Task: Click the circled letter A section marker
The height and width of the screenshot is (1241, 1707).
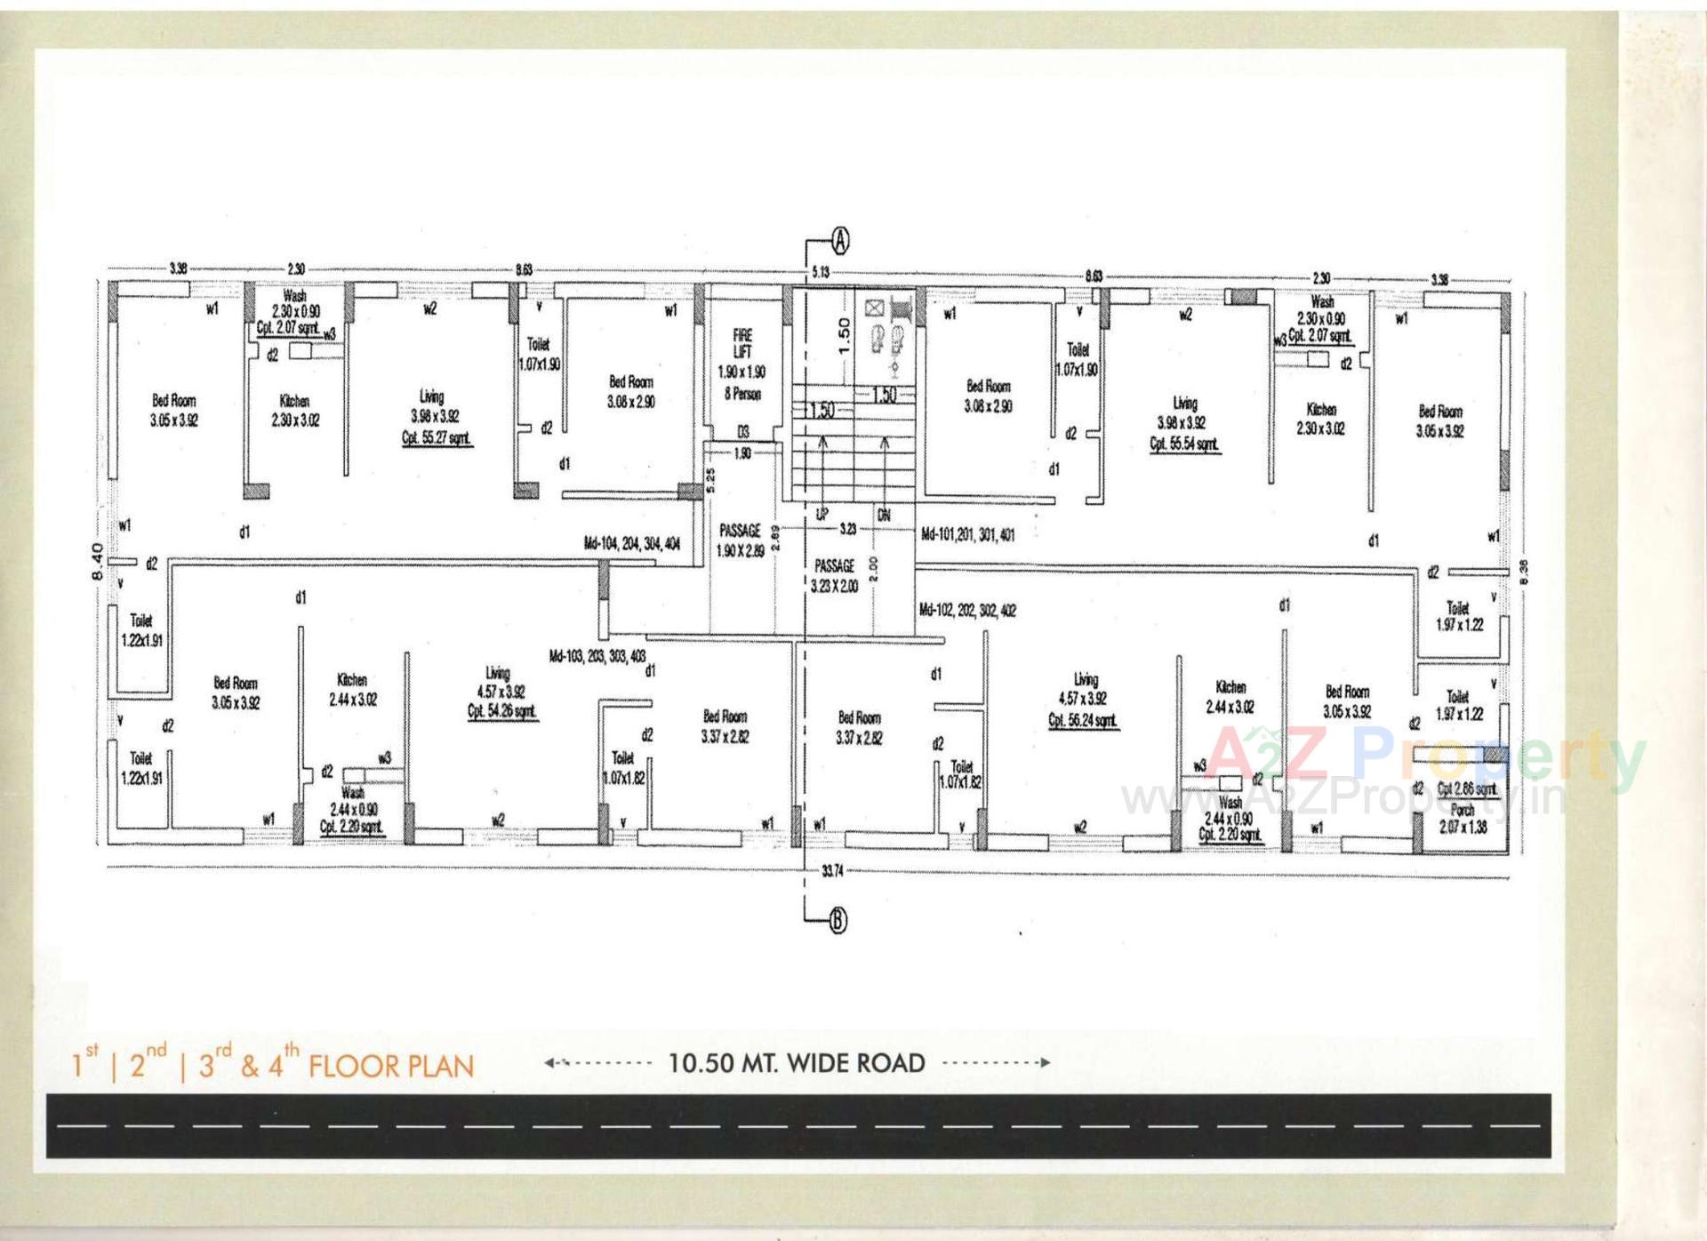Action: click(840, 240)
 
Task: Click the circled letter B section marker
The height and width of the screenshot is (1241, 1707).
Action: click(837, 922)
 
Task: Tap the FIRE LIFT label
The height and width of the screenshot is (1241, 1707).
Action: click(742, 343)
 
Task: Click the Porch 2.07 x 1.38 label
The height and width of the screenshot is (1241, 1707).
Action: click(1463, 818)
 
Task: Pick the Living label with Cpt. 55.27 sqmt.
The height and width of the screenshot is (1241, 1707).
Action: click(435, 417)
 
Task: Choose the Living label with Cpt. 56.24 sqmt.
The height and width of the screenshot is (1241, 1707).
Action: click(1084, 700)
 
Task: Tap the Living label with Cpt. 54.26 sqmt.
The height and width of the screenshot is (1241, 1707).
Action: click(501, 693)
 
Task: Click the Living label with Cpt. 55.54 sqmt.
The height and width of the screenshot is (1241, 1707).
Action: click(1184, 423)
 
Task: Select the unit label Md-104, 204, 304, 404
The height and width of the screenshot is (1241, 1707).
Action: click(631, 543)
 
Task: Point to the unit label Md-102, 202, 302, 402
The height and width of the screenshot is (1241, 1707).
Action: click(967, 611)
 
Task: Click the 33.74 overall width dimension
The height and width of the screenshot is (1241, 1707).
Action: click(831, 871)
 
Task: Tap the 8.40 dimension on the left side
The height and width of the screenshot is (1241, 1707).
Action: click(98, 560)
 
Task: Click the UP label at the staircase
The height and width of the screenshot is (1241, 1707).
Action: click(822, 515)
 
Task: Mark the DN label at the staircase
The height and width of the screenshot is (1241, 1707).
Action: click(884, 515)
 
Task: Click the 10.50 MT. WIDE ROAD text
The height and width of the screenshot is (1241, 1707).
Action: click(797, 1062)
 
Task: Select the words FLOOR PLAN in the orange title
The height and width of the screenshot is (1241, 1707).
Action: click(391, 1066)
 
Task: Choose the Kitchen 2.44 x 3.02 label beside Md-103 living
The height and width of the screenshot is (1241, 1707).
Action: click(353, 690)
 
